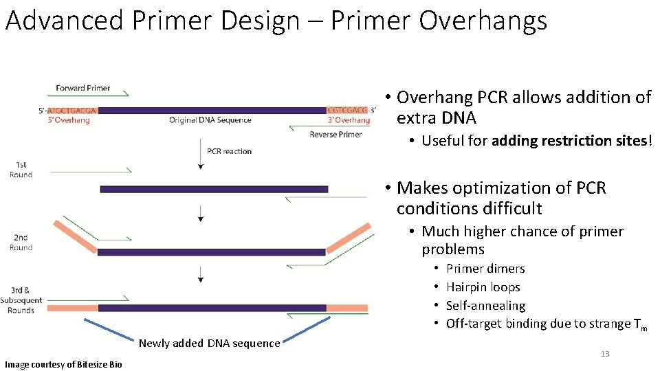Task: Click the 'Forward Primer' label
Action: pyautogui.click(x=83, y=88)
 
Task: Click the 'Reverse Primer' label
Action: pyautogui.click(x=335, y=135)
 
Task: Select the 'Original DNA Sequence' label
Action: pyautogui.click(x=210, y=120)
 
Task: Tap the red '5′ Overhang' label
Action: pyautogui.click(x=69, y=120)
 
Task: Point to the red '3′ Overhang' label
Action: pyautogui.click(x=349, y=120)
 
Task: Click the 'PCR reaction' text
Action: pyautogui.click(x=229, y=151)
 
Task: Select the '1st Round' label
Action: pyautogui.click(x=21, y=170)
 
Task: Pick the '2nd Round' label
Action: pyautogui.click(x=21, y=243)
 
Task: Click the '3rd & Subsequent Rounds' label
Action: pyautogui.click(x=21, y=300)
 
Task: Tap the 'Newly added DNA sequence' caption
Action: pyautogui.click(x=209, y=344)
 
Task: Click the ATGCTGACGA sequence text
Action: pyautogui.click(x=72, y=111)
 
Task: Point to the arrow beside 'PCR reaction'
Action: pyautogui.click(x=201, y=154)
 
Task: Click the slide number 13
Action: pyautogui.click(x=605, y=354)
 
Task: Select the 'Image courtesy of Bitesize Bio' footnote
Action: pyautogui.click(x=63, y=365)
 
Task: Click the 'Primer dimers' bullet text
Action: pyautogui.click(x=485, y=269)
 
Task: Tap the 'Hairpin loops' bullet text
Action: pyautogui.click(x=483, y=287)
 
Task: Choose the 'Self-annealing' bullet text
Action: pyautogui.click(x=486, y=305)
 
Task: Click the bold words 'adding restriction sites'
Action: pyautogui.click(x=569, y=140)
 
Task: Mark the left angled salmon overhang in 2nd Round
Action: pyautogui.click(x=76, y=237)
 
